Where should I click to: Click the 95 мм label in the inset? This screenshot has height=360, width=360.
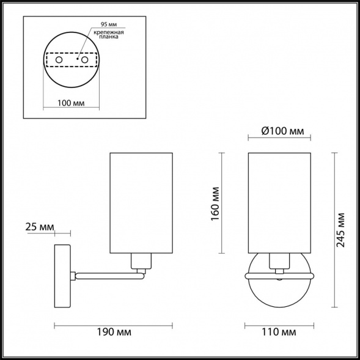coord(109,24)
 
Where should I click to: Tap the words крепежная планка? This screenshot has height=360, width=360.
coord(109,34)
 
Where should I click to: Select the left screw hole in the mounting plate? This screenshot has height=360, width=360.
coord(59,60)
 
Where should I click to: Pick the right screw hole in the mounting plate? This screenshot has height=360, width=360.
coord(85,60)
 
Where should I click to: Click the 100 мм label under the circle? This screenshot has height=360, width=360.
coord(71,103)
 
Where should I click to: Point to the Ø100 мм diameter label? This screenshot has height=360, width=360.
coord(282,131)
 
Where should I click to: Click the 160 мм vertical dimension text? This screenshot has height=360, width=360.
coord(215,204)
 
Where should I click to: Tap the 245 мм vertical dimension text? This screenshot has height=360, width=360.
coord(340,230)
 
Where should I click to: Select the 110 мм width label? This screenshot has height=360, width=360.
coord(279,332)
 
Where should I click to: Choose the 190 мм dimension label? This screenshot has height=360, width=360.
coord(114,332)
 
